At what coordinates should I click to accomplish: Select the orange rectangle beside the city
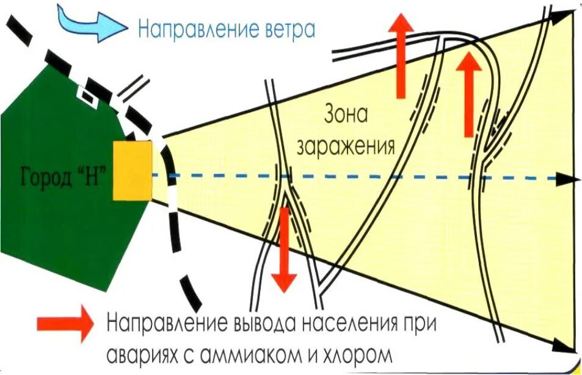(132, 170)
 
